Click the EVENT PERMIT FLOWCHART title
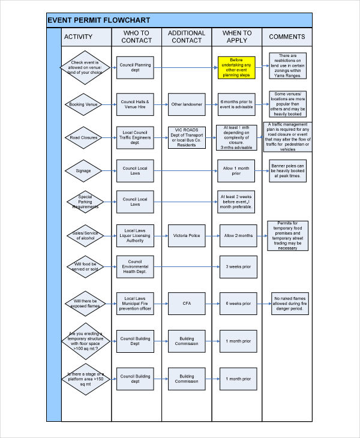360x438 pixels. (x=99, y=20)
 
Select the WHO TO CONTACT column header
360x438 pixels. (x=136, y=37)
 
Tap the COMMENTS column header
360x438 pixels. (x=287, y=37)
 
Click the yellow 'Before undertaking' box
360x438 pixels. (x=237, y=68)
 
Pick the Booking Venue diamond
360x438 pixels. (x=83, y=105)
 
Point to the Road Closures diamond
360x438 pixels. (x=83, y=138)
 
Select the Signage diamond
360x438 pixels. (x=83, y=171)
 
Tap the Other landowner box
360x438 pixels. (x=187, y=104)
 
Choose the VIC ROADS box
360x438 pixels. (x=187, y=138)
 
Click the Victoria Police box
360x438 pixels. (x=187, y=236)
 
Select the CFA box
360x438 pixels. (x=187, y=303)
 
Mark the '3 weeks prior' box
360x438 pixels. (x=238, y=266)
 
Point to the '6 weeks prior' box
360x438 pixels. (x=238, y=303)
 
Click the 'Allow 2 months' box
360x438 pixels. (x=238, y=236)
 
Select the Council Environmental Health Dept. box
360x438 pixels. (x=135, y=266)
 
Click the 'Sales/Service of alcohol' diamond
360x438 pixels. (x=83, y=236)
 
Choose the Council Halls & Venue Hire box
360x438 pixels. (x=135, y=104)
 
